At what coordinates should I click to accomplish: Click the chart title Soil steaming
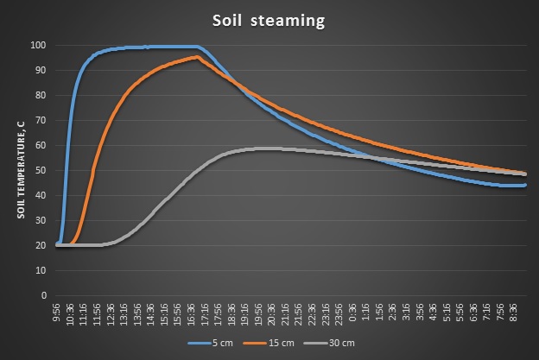click(x=269, y=21)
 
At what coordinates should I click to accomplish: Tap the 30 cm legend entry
click(x=327, y=342)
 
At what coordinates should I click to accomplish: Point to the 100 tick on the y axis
click(x=40, y=45)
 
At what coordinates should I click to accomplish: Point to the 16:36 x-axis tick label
click(x=191, y=313)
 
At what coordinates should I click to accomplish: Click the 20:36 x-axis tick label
click(x=271, y=313)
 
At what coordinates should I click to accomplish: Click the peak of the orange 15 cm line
click(x=198, y=57)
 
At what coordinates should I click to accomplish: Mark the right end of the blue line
click(x=525, y=185)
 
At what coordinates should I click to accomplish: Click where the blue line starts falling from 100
click(x=200, y=47)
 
